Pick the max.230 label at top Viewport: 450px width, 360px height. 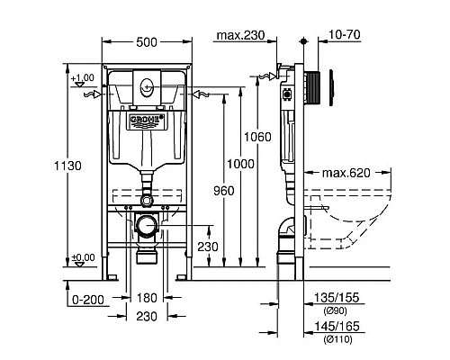(x=240, y=35)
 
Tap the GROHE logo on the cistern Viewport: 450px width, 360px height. (x=146, y=119)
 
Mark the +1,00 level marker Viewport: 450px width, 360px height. (x=83, y=78)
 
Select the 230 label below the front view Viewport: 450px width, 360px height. (x=148, y=316)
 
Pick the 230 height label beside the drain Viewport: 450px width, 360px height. (x=207, y=245)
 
